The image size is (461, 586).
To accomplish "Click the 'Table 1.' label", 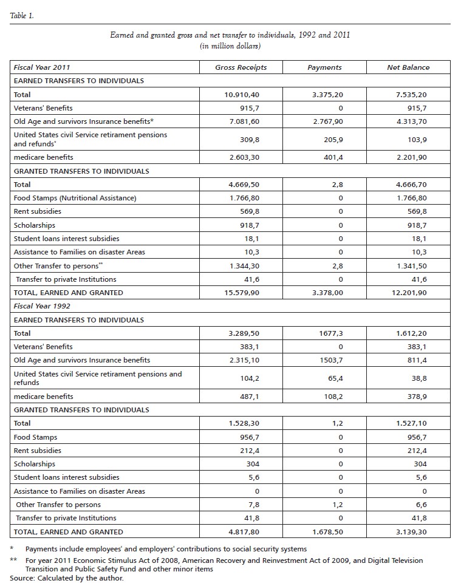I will click(22, 16).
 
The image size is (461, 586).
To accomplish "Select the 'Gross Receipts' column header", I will click(241, 67).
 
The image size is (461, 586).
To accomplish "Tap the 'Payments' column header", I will click(324, 67).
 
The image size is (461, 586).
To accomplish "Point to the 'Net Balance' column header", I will click(408, 67).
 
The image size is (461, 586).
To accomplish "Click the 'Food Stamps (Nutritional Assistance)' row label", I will click(75, 198).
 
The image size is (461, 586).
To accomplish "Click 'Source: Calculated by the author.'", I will click(67, 578).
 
